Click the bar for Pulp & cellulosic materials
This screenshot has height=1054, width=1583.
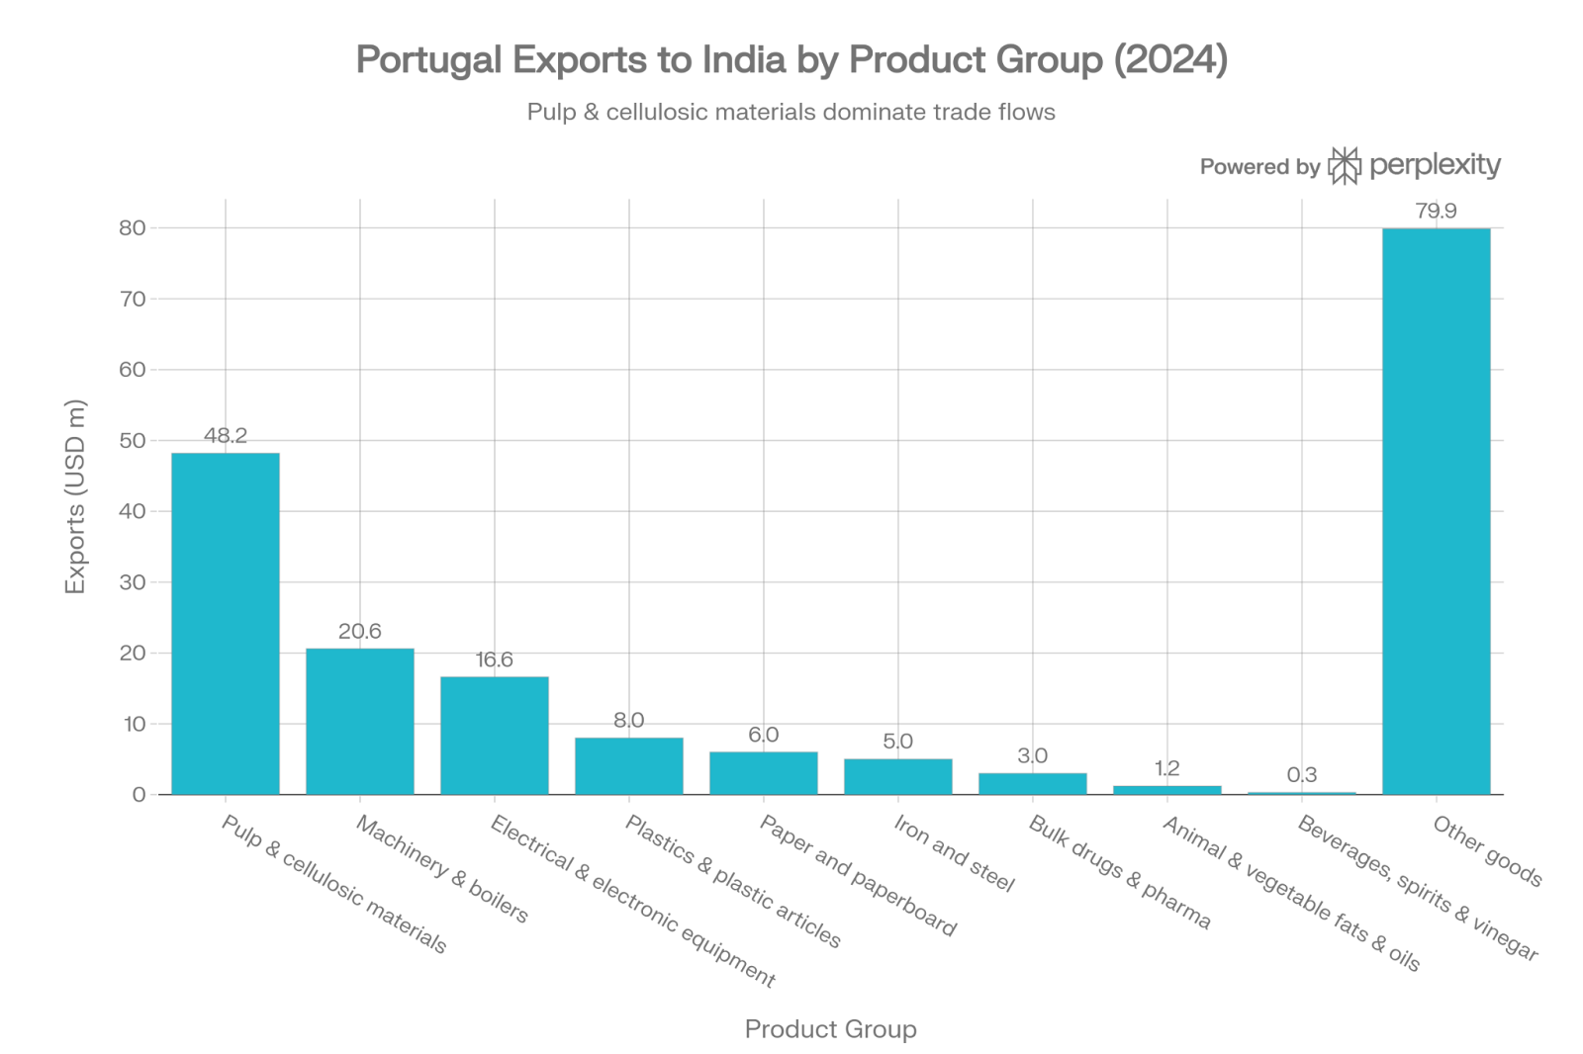coord(226,623)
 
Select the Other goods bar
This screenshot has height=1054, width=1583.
coord(1436,511)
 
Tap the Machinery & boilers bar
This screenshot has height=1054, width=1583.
coord(360,721)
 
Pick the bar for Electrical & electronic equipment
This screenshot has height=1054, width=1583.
coord(495,735)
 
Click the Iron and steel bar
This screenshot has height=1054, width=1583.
coord(898,776)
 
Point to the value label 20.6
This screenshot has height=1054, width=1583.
coord(360,631)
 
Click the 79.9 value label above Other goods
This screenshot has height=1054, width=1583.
coord(1436,211)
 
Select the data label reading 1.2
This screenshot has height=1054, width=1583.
coord(1167,767)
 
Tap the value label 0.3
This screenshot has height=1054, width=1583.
coord(1302,774)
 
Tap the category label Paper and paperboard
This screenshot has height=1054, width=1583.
coord(858,876)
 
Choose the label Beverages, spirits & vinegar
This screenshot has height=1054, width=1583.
coord(1418,888)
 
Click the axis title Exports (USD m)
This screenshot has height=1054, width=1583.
coord(75,496)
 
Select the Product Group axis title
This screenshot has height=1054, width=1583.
coord(830,1029)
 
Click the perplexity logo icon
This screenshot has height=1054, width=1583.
coord(1344,166)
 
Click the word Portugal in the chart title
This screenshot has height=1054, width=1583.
coord(428,60)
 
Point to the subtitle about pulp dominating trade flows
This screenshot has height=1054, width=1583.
coord(791,112)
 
